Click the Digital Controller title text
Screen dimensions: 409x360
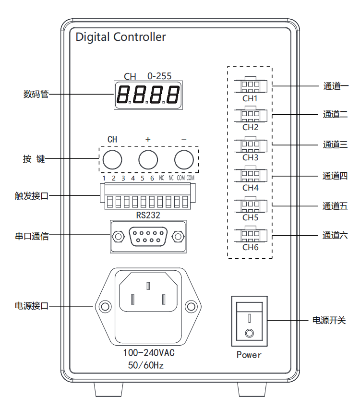click(x=120, y=37)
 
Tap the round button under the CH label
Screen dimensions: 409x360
click(x=112, y=159)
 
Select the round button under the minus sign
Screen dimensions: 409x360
click(x=183, y=159)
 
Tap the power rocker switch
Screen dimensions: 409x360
click(x=249, y=322)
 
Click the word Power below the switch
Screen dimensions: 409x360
click(x=249, y=355)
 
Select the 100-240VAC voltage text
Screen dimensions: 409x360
click(x=149, y=353)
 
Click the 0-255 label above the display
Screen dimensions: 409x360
click(x=159, y=76)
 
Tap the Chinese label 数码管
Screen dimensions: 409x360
click(x=36, y=94)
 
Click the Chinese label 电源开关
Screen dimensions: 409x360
click(x=329, y=320)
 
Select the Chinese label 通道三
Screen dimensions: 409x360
click(x=335, y=144)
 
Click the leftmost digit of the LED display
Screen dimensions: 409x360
click(x=123, y=95)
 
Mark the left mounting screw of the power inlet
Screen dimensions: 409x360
click(x=103, y=306)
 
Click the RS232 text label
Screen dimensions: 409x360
click(x=148, y=215)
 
